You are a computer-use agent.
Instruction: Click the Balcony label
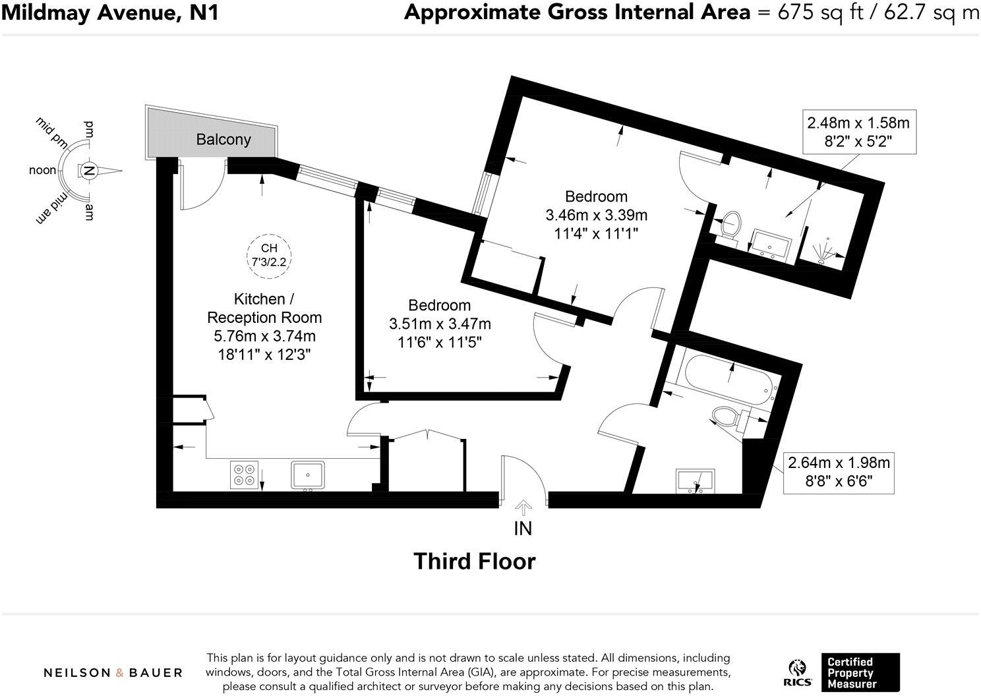[223, 140]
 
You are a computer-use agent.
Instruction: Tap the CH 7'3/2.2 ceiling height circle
[269, 254]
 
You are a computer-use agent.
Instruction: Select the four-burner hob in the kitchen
[244, 475]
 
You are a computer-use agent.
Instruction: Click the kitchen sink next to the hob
[308, 475]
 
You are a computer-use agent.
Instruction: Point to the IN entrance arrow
[523, 507]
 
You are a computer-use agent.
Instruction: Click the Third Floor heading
[474, 562]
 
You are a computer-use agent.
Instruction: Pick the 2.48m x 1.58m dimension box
[858, 132]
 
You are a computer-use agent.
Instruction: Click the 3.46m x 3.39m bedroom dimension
[596, 215]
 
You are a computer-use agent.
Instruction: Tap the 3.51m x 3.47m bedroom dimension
[440, 324]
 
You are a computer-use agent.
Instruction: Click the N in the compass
[88, 171]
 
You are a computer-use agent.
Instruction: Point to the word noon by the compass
[43, 171]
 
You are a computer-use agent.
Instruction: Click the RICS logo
[798, 674]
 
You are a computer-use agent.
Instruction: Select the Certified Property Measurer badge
[860, 672]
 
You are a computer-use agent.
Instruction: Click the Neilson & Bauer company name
[113, 673]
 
